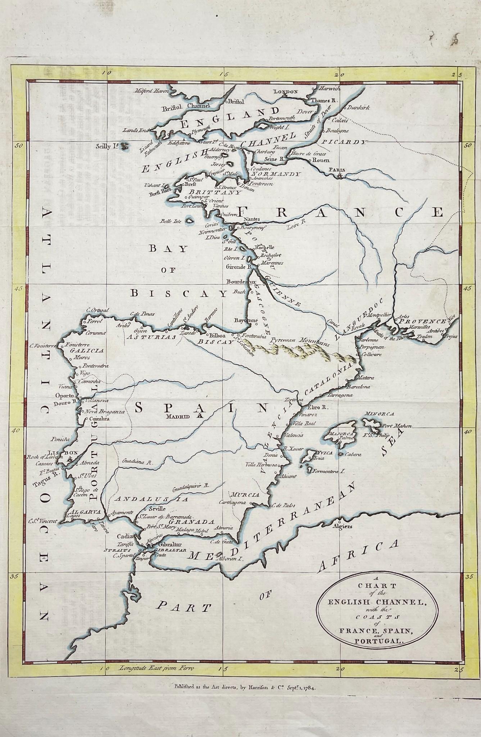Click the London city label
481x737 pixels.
(x=286, y=92)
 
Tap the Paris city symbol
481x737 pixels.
(x=339, y=176)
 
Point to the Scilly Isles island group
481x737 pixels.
(x=125, y=146)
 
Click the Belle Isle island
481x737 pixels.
(x=189, y=222)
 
